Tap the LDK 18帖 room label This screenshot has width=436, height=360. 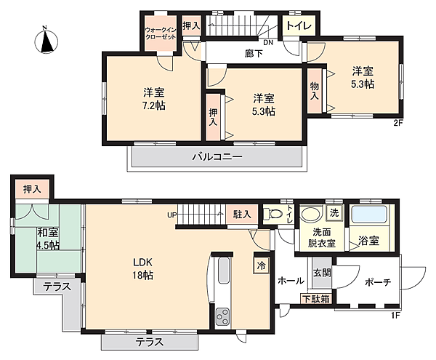pyautogui.click(x=142, y=269)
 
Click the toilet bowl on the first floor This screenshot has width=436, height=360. pyautogui.click(x=274, y=215)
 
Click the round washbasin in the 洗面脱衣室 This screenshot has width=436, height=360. pyautogui.click(x=311, y=215)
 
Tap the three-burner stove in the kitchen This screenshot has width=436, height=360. pyautogui.click(x=223, y=317)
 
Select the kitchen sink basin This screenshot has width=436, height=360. pyautogui.click(x=223, y=271)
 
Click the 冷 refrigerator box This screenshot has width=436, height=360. pyautogui.click(x=262, y=265)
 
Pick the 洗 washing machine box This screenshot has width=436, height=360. pyautogui.click(x=334, y=213)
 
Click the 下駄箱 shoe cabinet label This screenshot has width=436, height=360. pyautogui.click(x=316, y=300)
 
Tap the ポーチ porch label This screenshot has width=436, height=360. pyautogui.click(x=378, y=283)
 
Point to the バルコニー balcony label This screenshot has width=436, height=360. pyautogui.click(x=217, y=157)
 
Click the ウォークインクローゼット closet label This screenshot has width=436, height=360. pyautogui.click(x=161, y=33)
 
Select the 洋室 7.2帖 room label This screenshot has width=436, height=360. pyautogui.click(x=153, y=99)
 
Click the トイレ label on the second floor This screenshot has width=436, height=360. pyautogui.click(x=299, y=26)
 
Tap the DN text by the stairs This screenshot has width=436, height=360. pyautogui.click(x=268, y=43)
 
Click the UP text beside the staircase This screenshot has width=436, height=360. pyautogui.click(x=171, y=215)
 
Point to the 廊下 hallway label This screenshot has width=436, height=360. pyautogui.click(x=254, y=53)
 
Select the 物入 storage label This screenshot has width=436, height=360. pyautogui.click(x=315, y=91)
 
